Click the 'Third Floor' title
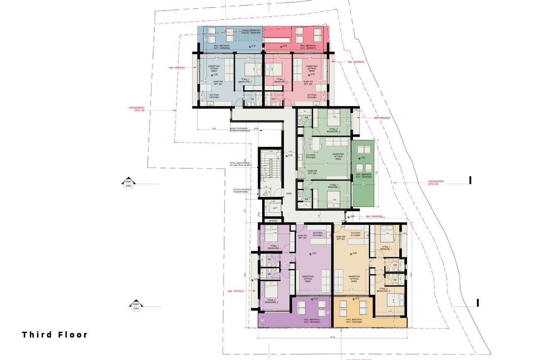click(55, 335)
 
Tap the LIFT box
click(275, 207)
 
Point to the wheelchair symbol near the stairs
click(266, 192)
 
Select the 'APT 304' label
click(218, 84)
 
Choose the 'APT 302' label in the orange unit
click(340, 238)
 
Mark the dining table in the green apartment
click(315, 145)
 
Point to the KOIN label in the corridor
click(289, 194)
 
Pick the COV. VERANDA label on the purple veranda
click(312, 322)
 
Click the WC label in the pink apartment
click(273, 99)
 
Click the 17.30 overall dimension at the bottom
click(333, 337)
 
